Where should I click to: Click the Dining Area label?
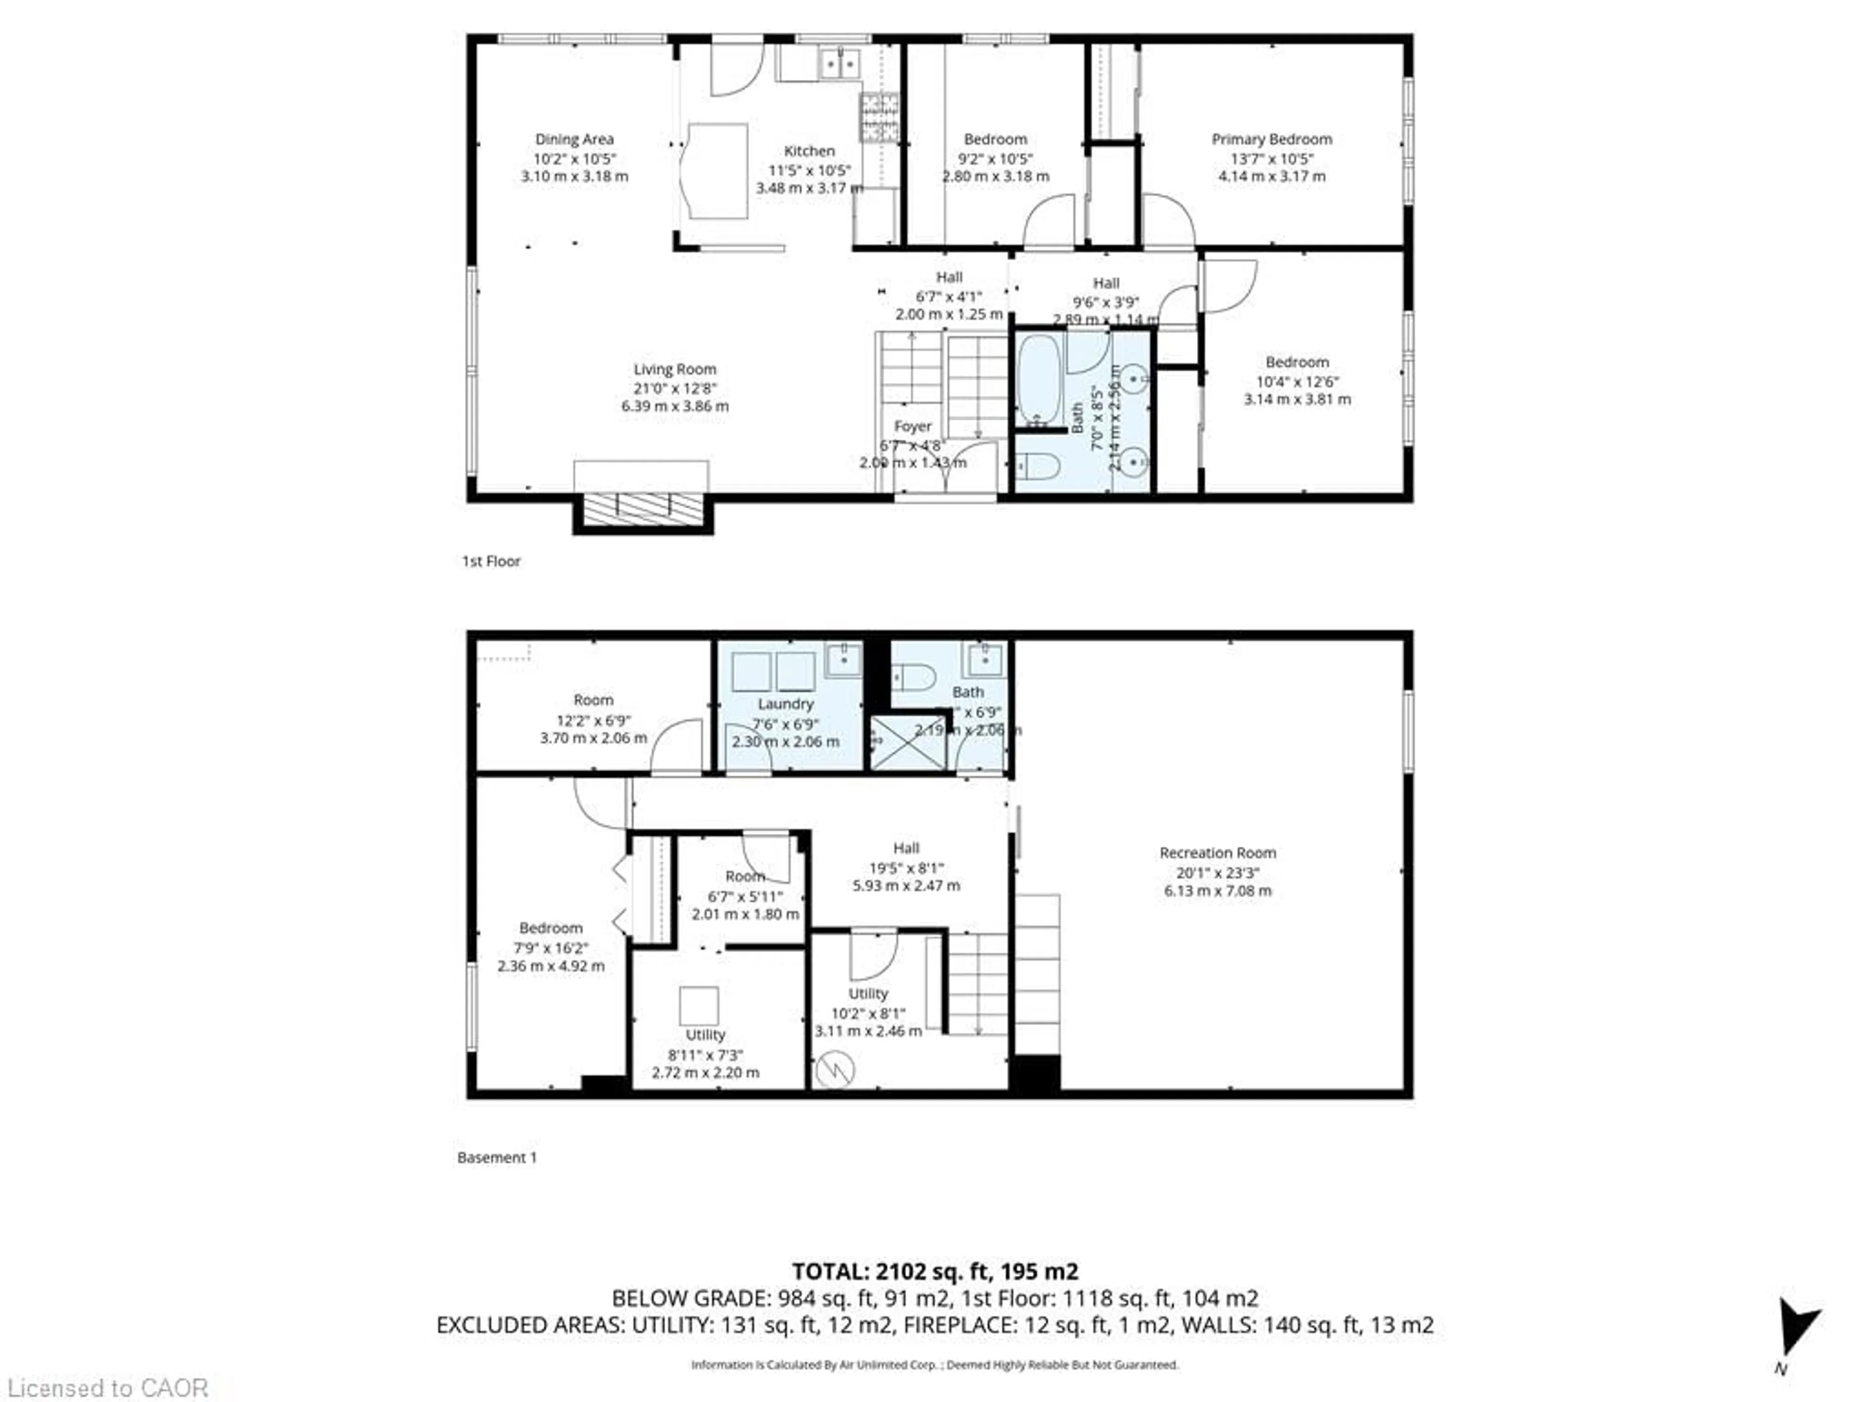[x=574, y=139]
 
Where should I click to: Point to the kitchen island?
[x=717, y=171]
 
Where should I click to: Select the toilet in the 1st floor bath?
[x=1036, y=465]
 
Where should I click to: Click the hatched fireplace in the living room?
[x=643, y=509]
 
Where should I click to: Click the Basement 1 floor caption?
[x=497, y=1158]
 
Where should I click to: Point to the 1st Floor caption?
[x=491, y=561]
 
